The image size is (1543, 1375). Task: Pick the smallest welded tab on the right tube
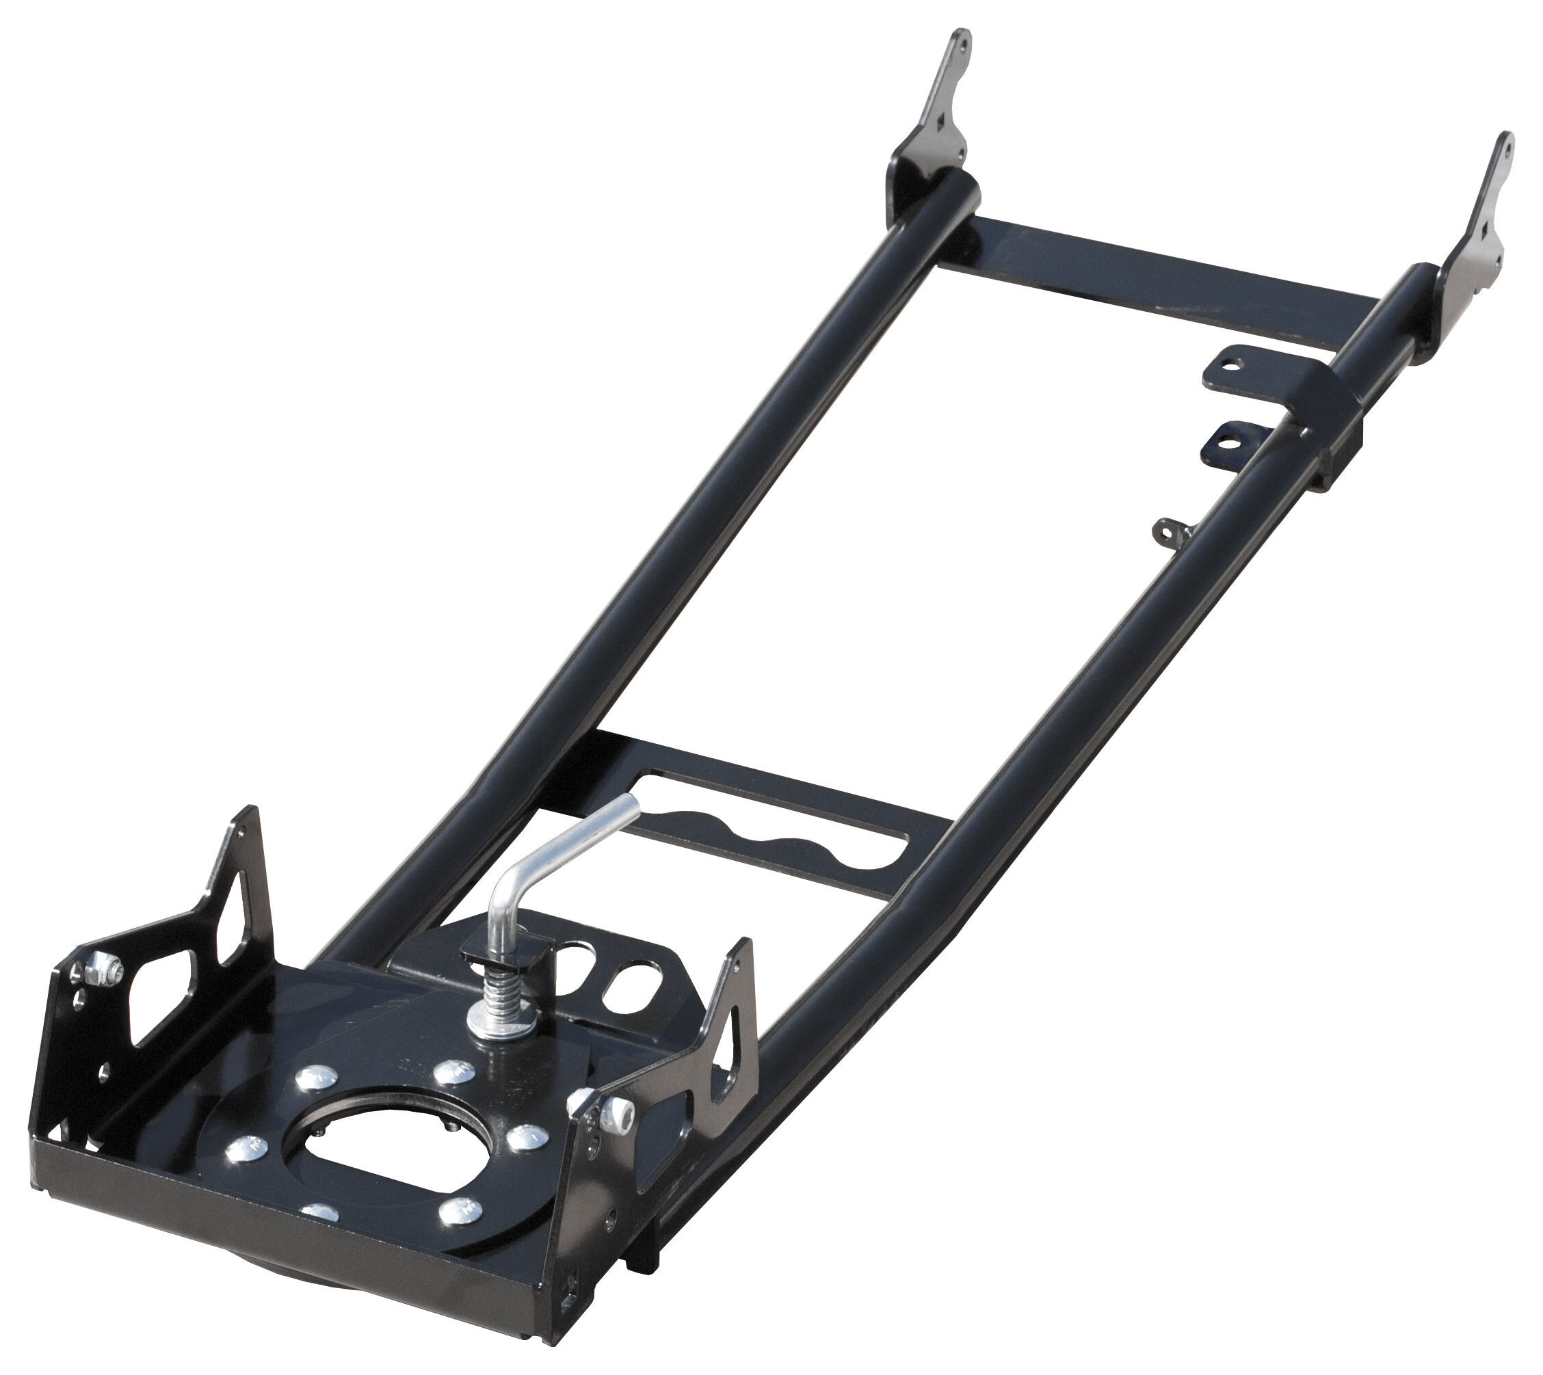[1167, 533]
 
